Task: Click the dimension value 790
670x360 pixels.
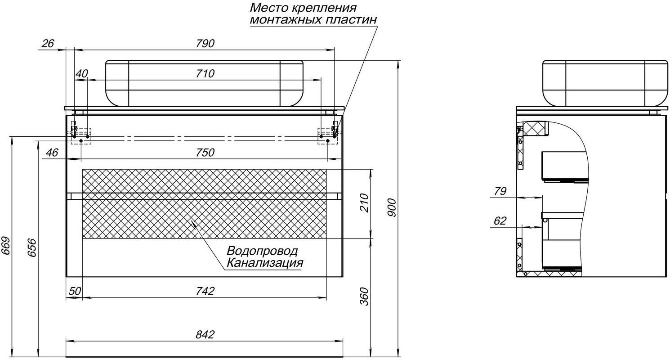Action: [x=205, y=44]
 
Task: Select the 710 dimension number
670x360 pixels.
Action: [x=205, y=74]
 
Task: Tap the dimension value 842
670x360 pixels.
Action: [x=205, y=334]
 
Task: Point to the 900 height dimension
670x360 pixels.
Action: [x=391, y=207]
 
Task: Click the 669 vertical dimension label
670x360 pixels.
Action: [x=6, y=246]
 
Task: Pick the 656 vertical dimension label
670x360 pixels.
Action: [x=32, y=247]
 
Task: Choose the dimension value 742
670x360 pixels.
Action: [x=205, y=291]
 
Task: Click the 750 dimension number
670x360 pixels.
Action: [x=205, y=153]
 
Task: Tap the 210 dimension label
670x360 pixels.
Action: [x=364, y=203]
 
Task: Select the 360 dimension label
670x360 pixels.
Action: [x=364, y=296]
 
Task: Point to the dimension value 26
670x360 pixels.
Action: [x=48, y=44]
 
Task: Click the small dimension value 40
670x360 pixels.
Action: [x=82, y=74]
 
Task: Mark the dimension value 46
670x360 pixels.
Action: [x=52, y=153]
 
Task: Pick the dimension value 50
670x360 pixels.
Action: [x=75, y=291]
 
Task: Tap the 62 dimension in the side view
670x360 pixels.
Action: [x=500, y=221]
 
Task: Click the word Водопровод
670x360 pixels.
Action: [x=262, y=252]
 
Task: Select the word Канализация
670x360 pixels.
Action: [x=265, y=263]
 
